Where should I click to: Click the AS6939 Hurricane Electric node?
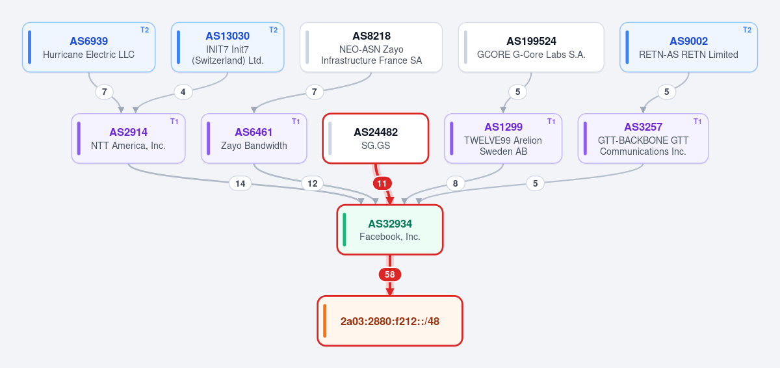click(x=89, y=47)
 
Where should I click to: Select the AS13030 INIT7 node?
click(x=227, y=47)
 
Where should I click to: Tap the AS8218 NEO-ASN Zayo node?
click(x=371, y=47)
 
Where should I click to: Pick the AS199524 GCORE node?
click(x=531, y=47)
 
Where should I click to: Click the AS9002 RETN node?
click(x=688, y=47)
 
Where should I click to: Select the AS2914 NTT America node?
click(x=128, y=138)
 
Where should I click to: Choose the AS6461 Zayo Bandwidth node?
click(x=254, y=138)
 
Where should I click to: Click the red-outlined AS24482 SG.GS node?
click(x=376, y=138)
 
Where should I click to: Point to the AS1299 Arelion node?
click(x=503, y=138)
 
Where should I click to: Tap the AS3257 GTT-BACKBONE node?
click(x=643, y=138)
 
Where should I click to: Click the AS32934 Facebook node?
click(x=390, y=230)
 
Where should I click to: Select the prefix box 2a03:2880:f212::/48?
click(x=390, y=321)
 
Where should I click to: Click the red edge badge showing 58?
click(x=390, y=274)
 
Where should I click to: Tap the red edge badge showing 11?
click(x=382, y=183)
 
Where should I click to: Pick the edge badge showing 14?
click(x=240, y=183)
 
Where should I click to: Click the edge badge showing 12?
click(x=313, y=183)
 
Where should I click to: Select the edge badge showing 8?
click(x=456, y=183)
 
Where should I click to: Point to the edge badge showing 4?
click(x=183, y=92)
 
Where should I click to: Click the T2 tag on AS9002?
click(x=747, y=30)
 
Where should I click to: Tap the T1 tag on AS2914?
click(x=174, y=122)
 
